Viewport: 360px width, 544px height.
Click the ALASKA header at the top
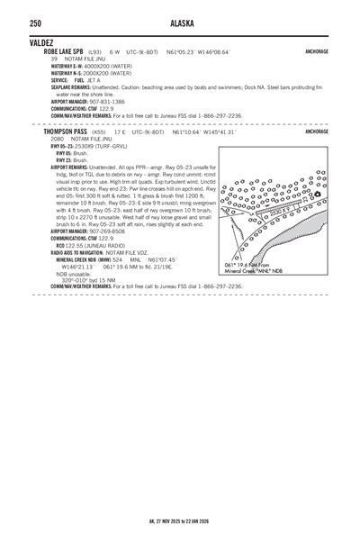click(180, 23)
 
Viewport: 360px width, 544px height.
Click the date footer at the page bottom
click(180, 520)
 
